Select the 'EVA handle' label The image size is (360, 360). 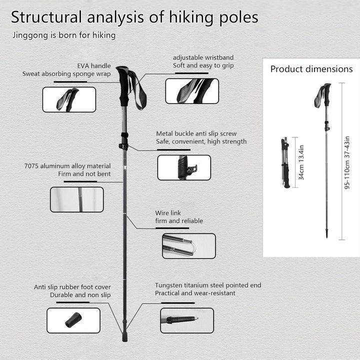click(x=94, y=66)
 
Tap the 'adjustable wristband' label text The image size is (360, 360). click(x=203, y=57)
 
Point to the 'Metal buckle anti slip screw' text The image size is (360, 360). click(x=196, y=133)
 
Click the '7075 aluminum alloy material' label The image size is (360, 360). click(x=67, y=166)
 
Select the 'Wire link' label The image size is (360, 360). click(x=168, y=213)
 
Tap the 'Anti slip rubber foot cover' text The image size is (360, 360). click(x=72, y=287)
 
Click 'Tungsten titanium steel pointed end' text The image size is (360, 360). click(x=208, y=285)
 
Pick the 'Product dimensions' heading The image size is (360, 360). click(x=311, y=69)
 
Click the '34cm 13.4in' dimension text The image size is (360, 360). click(x=301, y=162)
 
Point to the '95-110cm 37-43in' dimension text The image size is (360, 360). click(x=347, y=162)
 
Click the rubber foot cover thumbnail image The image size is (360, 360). click(x=73, y=320)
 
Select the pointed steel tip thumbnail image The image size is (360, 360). click(x=187, y=320)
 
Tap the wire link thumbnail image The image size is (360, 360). click(x=189, y=246)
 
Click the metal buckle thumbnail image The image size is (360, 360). click(x=184, y=167)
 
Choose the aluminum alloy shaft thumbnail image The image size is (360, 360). click(x=77, y=199)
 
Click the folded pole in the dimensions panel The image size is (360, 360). click(x=285, y=162)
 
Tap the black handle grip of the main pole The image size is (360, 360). click(x=124, y=86)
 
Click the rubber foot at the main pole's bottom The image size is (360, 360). click(x=124, y=336)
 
